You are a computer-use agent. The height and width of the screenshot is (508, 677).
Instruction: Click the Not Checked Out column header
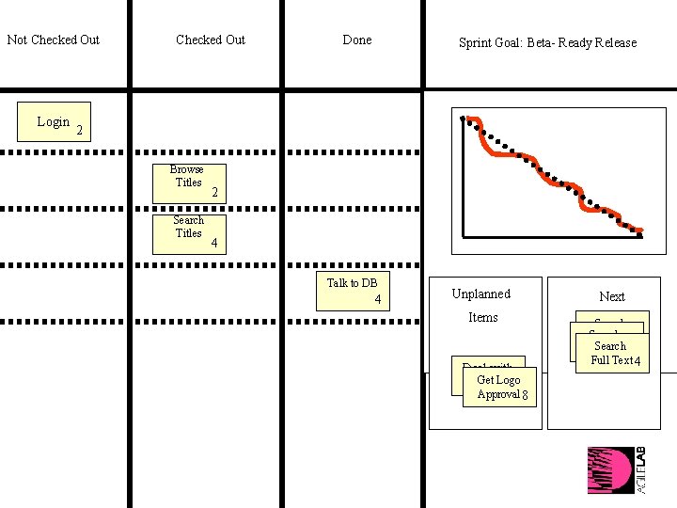(x=54, y=40)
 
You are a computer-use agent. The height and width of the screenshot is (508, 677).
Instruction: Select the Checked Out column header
(x=210, y=40)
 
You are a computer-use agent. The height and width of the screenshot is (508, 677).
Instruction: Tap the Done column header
(x=356, y=40)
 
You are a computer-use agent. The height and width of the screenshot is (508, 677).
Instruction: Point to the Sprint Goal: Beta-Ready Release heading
(x=547, y=42)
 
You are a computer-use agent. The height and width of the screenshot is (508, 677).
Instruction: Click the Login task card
(x=54, y=121)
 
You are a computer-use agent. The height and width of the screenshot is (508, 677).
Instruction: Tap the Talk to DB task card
(x=353, y=290)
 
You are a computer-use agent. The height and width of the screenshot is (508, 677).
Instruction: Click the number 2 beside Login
(x=80, y=130)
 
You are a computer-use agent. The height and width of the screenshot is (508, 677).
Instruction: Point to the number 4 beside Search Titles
(x=214, y=243)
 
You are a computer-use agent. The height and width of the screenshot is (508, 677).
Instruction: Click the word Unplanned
(x=481, y=294)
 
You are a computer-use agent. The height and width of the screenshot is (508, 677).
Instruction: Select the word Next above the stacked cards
(x=611, y=296)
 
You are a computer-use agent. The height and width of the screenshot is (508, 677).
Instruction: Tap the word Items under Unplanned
(x=483, y=317)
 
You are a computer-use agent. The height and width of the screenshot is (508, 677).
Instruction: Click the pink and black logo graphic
(x=611, y=469)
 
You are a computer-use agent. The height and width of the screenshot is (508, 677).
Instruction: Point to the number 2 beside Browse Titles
(x=214, y=192)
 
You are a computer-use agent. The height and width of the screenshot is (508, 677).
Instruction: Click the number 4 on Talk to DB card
(x=377, y=300)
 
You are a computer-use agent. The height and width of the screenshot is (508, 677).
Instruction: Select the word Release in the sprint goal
(x=614, y=42)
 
